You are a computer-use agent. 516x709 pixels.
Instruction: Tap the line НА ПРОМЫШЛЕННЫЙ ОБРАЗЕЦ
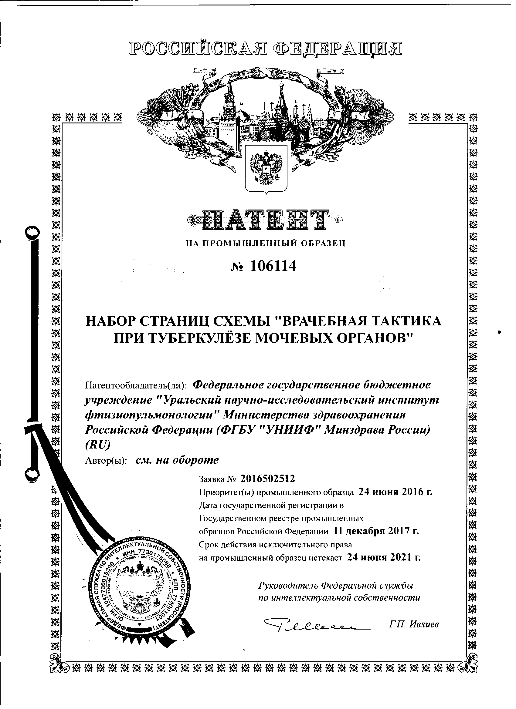click(265, 244)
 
